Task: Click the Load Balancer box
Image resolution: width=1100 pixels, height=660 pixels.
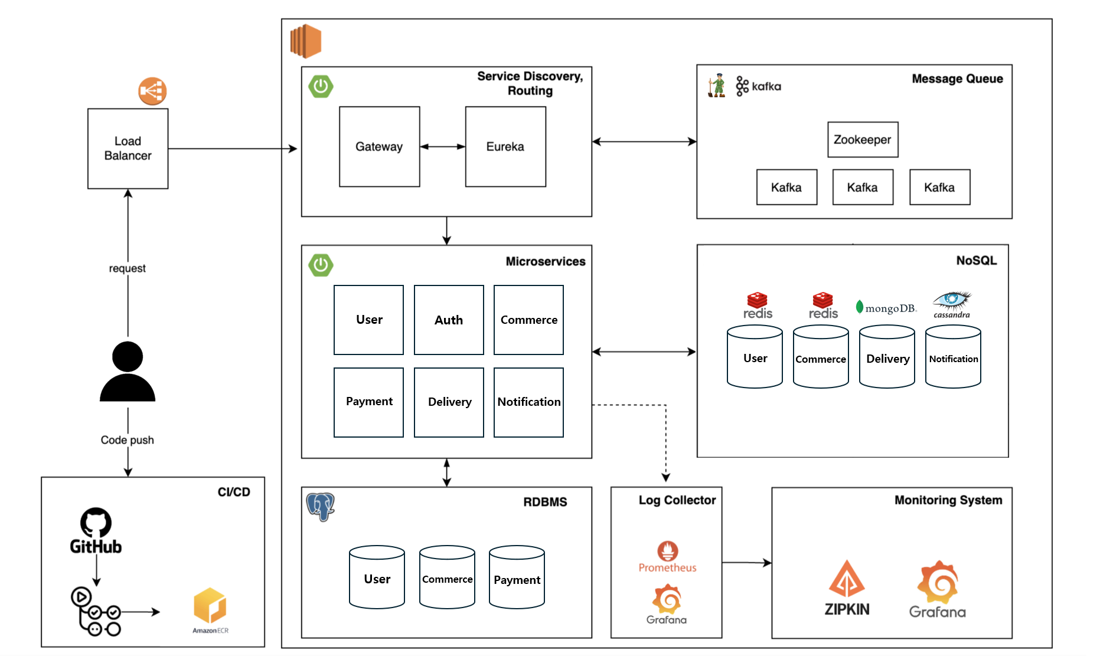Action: click(x=128, y=149)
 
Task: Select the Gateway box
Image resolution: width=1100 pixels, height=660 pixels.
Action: click(x=379, y=147)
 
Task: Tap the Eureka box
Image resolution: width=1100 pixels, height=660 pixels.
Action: click(x=505, y=147)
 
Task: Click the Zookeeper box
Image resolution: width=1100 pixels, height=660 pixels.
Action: click(x=863, y=140)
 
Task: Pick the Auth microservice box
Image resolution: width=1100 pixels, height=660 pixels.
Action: click(x=449, y=320)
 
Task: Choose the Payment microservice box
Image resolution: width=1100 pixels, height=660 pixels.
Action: click(x=369, y=402)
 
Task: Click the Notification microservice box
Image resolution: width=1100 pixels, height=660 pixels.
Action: click(x=528, y=402)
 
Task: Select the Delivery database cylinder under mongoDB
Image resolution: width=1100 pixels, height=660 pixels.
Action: click(x=887, y=357)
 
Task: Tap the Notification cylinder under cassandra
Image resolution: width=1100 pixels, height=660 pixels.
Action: click(x=953, y=357)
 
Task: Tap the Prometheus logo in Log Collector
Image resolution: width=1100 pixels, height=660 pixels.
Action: click(x=668, y=557)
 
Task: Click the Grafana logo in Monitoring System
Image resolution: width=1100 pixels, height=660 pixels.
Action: click(x=937, y=590)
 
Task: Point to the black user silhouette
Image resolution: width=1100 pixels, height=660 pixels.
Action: click(x=128, y=372)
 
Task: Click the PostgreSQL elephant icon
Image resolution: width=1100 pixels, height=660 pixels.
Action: click(x=321, y=506)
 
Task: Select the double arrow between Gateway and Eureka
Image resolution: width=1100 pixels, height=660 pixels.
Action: click(x=443, y=147)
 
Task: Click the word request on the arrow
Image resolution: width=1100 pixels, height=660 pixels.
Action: click(x=127, y=268)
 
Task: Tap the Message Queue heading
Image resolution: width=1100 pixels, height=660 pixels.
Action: click(x=957, y=79)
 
